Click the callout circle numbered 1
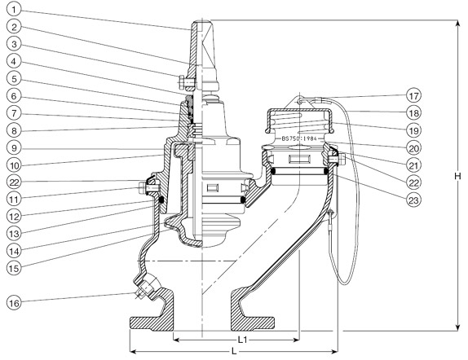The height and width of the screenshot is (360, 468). pyautogui.click(x=14, y=10)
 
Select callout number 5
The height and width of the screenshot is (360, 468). pyautogui.click(x=14, y=79)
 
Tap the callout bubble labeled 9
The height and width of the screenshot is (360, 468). pyautogui.click(x=14, y=148)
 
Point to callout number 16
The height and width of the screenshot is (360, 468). pyautogui.click(x=14, y=303)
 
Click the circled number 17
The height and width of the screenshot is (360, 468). pyautogui.click(x=414, y=96)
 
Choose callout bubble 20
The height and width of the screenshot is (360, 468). pyautogui.click(x=414, y=147)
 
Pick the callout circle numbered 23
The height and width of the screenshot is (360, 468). pyautogui.click(x=414, y=200)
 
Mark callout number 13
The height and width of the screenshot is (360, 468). pyautogui.click(x=14, y=234)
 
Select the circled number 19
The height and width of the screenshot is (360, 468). pyautogui.click(x=414, y=130)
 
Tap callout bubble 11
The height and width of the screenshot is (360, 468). pyautogui.click(x=14, y=200)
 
